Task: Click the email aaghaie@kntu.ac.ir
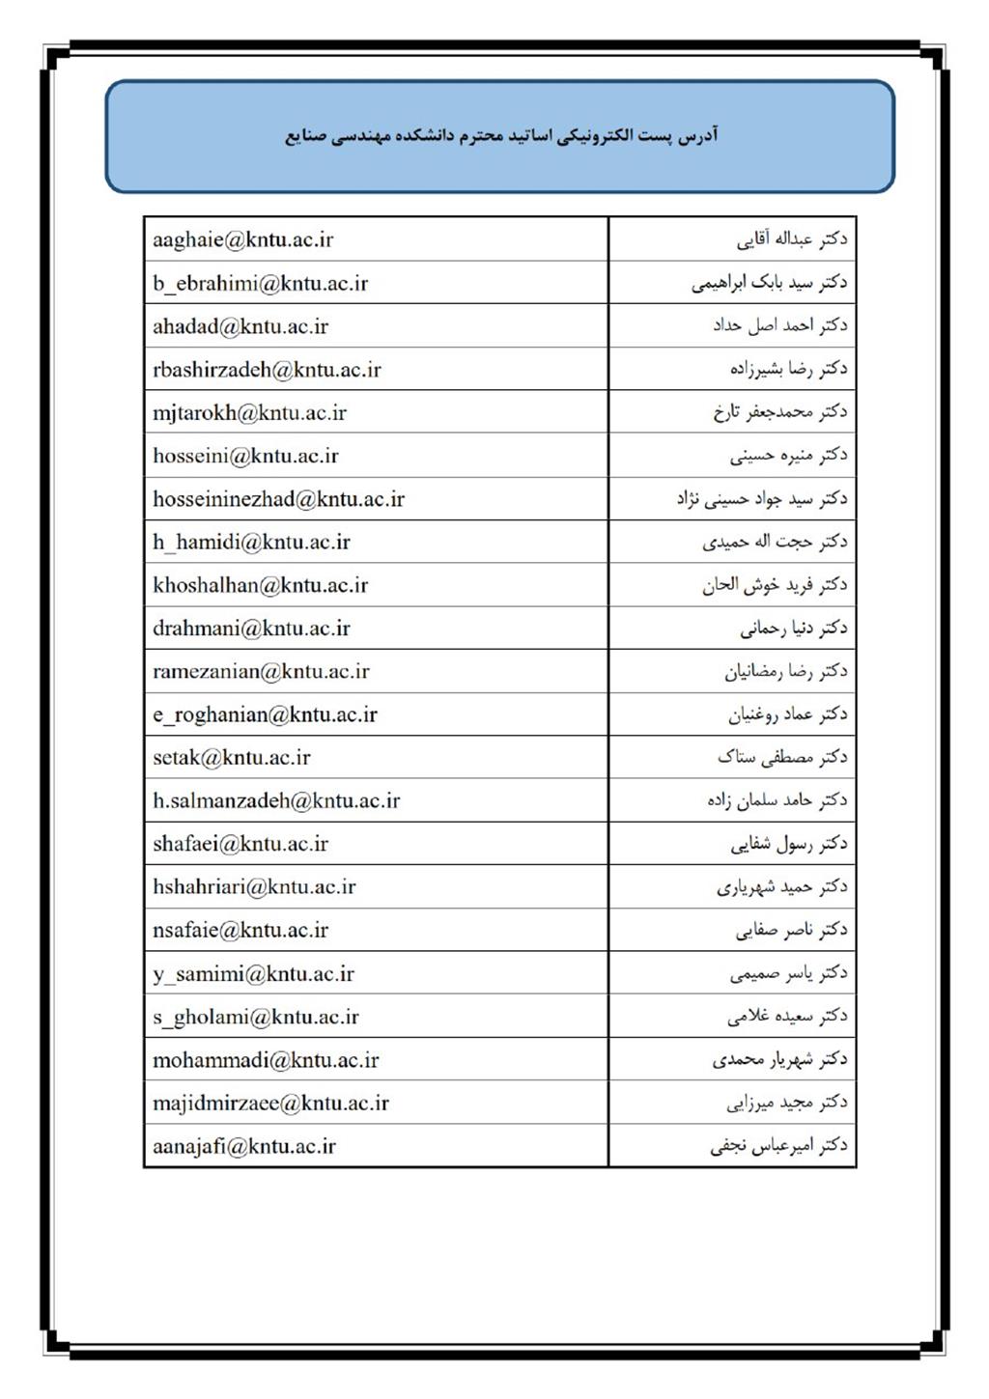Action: pos(242,239)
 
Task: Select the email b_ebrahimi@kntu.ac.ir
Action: pos(260,283)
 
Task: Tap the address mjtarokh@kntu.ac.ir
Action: pos(249,413)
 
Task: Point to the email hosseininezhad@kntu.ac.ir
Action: pos(278,499)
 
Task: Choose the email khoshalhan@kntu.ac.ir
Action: pos(260,585)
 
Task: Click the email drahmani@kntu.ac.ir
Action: pos(251,629)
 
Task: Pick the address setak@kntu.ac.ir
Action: pos(231,758)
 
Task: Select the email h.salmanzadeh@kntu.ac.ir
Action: pos(276,800)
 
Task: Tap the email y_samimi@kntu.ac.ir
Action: pos(253,974)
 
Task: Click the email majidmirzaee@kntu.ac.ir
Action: pos(270,1103)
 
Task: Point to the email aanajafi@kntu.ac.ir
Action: pos(243,1146)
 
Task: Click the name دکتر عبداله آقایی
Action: pos(791,239)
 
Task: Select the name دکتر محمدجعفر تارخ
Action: pos(779,412)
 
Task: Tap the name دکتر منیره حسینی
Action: pos(788,456)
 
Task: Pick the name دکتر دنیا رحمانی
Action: pos(793,629)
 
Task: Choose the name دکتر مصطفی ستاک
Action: pos(781,758)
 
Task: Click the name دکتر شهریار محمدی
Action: pos(779,1060)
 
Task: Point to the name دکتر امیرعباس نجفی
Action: pos(777,1146)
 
